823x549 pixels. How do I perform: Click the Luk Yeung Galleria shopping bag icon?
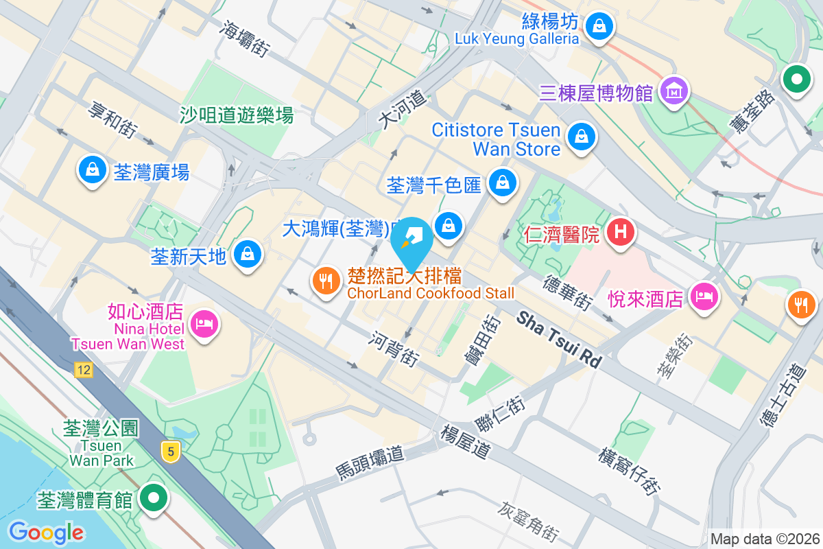[x=599, y=27]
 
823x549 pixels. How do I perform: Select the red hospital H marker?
[x=620, y=232]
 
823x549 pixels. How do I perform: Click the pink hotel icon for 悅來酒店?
[x=704, y=297]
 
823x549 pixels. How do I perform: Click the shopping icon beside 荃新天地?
[x=246, y=255]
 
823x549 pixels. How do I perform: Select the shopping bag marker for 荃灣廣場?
[x=92, y=170]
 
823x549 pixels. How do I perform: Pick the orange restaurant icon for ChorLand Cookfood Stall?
[x=326, y=281]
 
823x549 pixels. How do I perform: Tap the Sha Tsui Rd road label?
[x=558, y=338]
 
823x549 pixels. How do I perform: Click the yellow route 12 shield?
[x=84, y=371]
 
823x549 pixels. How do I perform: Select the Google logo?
[x=46, y=532]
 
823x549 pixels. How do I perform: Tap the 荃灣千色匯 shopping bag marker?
[x=503, y=183]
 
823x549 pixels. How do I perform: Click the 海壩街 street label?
[x=244, y=37]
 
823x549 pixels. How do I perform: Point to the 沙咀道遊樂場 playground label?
[x=237, y=115]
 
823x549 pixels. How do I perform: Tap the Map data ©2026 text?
[x=764, y=539]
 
